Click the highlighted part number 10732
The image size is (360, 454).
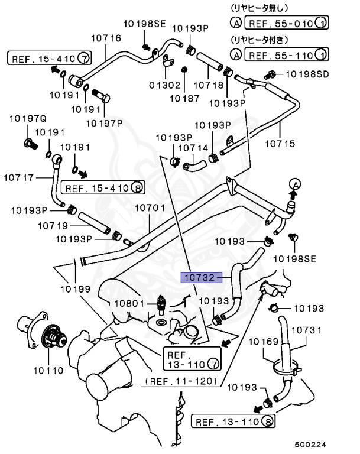coord(200,277)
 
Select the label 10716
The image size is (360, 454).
coord(106,38)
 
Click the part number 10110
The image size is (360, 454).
coord(48,372)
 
